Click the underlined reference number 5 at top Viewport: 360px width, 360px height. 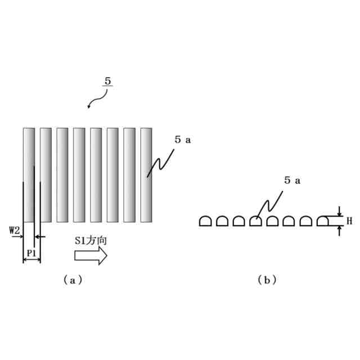(x=107, y=81)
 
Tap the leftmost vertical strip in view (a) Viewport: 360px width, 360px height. (x=29, y=175)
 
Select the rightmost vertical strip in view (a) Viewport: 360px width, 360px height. (x=146, y=175)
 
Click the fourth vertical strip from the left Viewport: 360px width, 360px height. (x=79, y=175)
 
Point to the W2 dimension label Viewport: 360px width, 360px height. (x=15, y=229)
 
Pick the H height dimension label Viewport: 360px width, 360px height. (x=349, y=221)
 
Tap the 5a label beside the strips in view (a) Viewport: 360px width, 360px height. (x=182, y=140)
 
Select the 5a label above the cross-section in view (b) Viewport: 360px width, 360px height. (x=292, y=180)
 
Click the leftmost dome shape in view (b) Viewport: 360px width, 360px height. (x=205, y=221)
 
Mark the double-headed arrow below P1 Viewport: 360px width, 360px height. (x=31, y=261)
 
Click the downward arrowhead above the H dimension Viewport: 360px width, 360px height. (x=340, y=213)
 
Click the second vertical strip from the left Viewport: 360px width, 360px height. (x=46, y=175)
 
